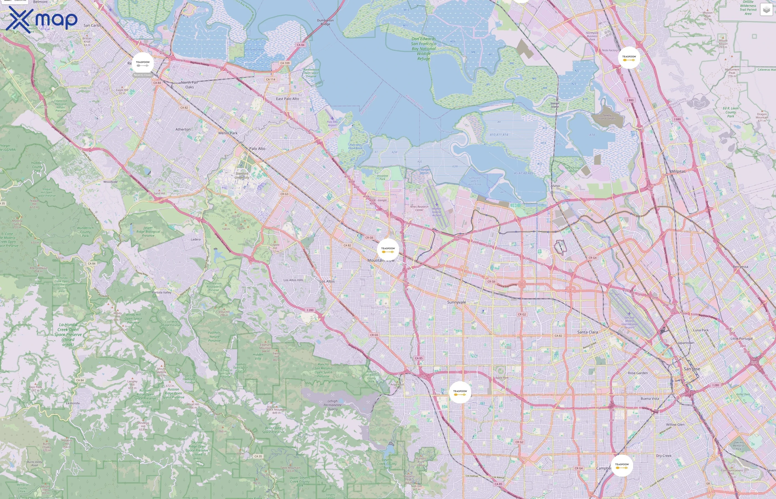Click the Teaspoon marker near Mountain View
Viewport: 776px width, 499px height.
coord(388,250)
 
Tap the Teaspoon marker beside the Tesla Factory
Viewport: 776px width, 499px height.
coord(629,58)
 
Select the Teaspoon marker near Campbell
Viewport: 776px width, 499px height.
coord(622,465)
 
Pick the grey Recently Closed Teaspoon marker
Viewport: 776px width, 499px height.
coord(142,63)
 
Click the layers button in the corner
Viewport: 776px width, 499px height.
coord(766,10)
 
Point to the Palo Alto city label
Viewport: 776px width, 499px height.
coord(257,149)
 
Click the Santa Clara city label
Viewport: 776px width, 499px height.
coord(588,332)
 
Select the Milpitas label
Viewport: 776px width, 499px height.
coord(678,171)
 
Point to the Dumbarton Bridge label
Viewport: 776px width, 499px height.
coord(325,22)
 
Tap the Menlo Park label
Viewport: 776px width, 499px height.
coord(228,133)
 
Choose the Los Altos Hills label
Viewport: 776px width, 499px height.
coord(293,280)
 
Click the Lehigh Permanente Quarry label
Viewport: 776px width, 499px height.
coord(332,405)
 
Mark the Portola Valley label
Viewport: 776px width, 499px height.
coord(162,292)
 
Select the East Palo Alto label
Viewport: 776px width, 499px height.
coord(287,99)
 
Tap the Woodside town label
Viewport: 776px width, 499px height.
coord(110,182)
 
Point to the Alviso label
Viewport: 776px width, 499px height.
coord(555,186)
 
